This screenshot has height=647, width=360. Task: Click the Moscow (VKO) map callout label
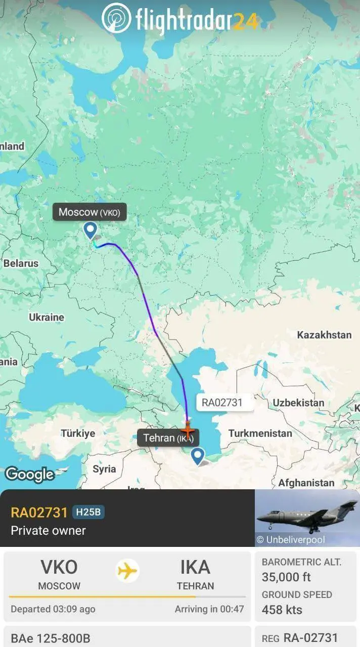89,212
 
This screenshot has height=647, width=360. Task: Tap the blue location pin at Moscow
90,230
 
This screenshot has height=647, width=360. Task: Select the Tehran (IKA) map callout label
168,438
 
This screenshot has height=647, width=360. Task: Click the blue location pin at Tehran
197,455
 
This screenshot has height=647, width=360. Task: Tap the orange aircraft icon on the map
188,431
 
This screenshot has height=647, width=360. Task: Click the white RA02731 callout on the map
222,402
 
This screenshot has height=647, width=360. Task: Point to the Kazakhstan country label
324,335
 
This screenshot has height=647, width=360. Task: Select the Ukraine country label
47,317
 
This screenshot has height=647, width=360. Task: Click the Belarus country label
21,263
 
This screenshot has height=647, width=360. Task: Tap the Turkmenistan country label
260,433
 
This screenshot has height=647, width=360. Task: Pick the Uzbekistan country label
298,403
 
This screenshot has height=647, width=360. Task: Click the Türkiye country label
78,433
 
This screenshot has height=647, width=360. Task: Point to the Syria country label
104,469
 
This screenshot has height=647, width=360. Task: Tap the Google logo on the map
29,474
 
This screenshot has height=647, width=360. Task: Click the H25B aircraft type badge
88,512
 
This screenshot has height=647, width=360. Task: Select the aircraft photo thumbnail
307,518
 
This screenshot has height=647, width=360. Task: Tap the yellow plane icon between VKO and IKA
127,571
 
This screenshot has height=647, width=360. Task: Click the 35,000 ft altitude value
286,577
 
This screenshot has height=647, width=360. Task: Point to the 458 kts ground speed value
282,610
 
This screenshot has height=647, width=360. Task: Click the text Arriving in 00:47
209,609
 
